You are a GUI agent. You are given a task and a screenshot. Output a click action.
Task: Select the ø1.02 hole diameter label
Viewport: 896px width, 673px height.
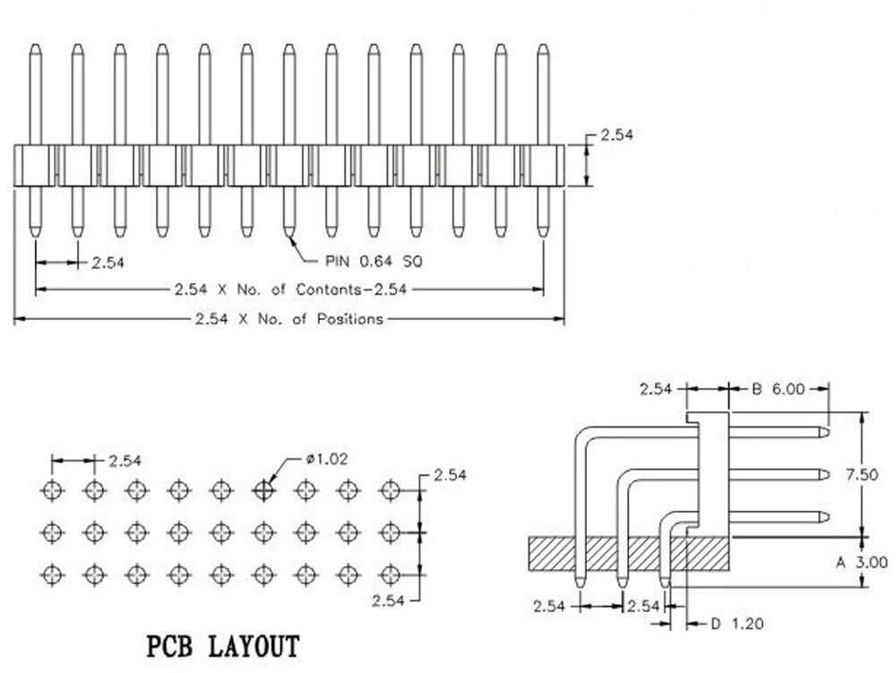[x=326, y=459]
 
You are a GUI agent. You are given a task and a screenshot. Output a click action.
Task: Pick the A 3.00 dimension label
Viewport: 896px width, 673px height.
[x=862, y=563]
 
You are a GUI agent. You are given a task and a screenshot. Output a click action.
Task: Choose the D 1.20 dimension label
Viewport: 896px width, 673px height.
[x=737, y=622]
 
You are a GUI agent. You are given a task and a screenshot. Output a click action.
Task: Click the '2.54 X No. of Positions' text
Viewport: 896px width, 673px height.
[x=289, y=318]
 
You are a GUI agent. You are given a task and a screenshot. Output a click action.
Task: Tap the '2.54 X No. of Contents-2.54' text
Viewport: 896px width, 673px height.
[x=290, y=289]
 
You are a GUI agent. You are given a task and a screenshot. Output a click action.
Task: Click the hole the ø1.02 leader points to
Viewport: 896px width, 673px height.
[x=263, y=489]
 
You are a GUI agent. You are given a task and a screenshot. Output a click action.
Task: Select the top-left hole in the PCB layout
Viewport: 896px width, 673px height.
[x=52, y=489]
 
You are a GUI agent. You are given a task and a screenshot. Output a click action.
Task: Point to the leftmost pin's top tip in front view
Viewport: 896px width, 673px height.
[x=34, y=46]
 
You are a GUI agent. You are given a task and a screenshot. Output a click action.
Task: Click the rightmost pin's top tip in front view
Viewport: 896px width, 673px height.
[x=542, y=46]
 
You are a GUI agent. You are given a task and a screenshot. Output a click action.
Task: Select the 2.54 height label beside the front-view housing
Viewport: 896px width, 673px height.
[x=617, y=135]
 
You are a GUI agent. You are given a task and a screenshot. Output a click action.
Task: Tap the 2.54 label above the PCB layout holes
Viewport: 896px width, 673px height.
[x=125, y=461]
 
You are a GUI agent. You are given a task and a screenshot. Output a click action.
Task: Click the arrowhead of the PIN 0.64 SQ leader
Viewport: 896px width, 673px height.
[x=292, y=237]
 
